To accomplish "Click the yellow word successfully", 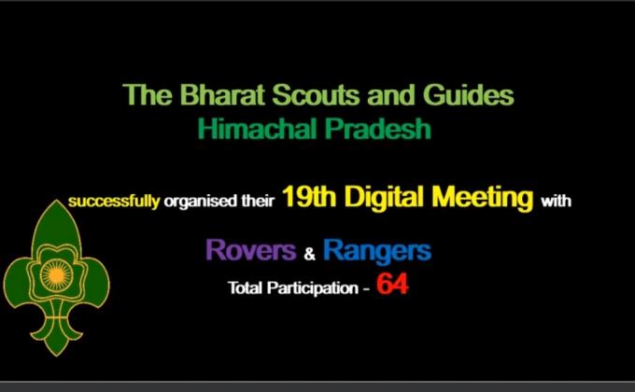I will click(113, 201).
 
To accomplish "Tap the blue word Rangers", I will click(376, 250).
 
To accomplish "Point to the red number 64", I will click(392, 285).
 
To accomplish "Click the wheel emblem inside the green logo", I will click(56, 275).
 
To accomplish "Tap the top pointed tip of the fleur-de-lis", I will click(56, 202).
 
